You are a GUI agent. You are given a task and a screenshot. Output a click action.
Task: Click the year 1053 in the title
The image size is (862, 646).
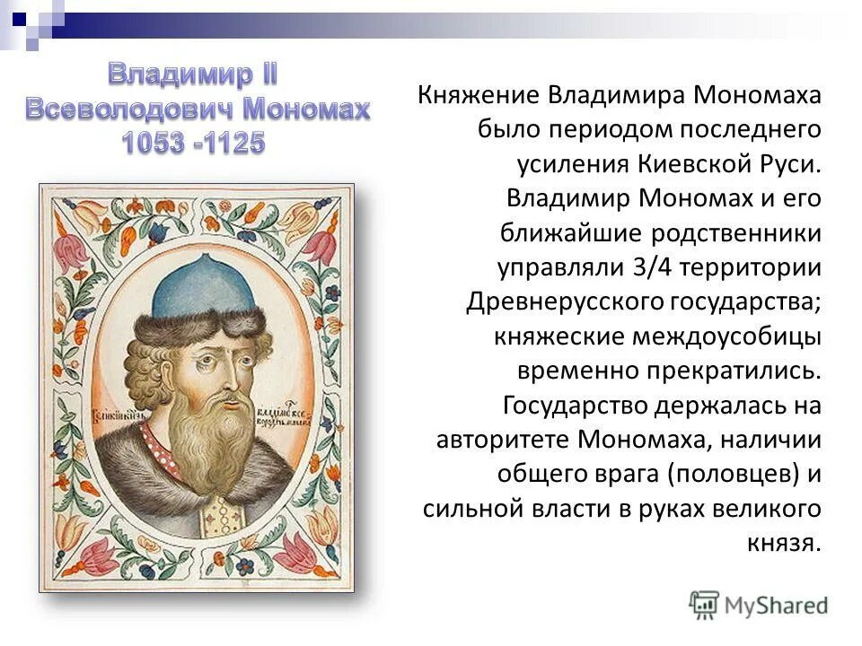155,141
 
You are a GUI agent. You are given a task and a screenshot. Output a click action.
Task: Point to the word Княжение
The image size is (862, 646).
477,96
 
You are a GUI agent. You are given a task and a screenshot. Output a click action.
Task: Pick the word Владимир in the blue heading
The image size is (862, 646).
178,75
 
